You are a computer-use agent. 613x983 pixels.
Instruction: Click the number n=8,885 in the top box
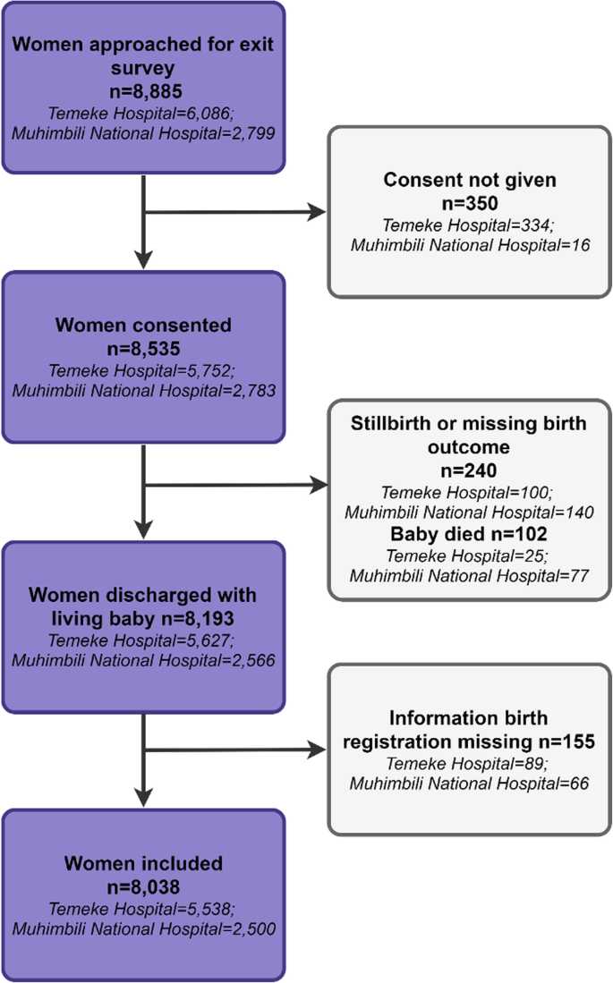pyautogui.click(x=143, y=90)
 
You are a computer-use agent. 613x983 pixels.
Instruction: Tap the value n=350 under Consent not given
pyautogui.click(x=470, y=202)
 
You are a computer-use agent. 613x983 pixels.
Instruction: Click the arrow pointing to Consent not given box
pyautogui.click(x=318, y=214)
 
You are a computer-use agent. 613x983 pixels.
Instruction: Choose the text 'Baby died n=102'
pyautogui.click(x=470, y=533)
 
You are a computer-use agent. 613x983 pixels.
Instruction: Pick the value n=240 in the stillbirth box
pyautogui.click(x=470, y=470)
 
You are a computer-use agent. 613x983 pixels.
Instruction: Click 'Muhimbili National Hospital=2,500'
pyautogui.click(x=143, y=928)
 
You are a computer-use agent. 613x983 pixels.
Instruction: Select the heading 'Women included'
pyautogui.click(x=143, y=864)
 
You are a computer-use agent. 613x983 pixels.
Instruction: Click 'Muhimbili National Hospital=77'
pyautogui.click(x=470, y=575)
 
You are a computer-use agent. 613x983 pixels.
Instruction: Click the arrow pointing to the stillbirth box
pyautogui.click(x=318, y=486)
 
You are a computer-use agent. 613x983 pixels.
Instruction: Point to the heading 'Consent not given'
pyautogui.click(x=470, y=180)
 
